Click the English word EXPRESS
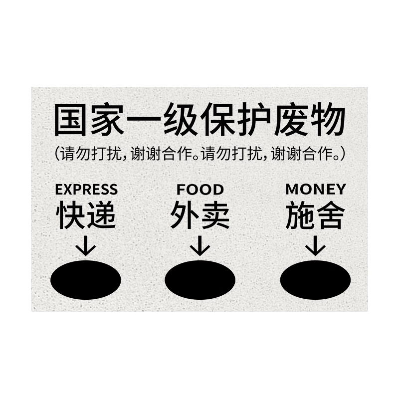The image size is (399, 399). coord(86,190)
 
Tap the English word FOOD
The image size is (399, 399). coord(200,190)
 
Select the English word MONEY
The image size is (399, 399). coord(316,189)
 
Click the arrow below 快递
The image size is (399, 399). coord(85,246)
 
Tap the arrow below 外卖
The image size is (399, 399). coord(200,246)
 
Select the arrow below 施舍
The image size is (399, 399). coord(315,246)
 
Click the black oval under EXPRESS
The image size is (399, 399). coord(85,280)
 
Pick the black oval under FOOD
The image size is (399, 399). coord(200,280)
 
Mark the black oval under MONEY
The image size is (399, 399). coord(315,280)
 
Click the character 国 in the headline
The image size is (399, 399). coord(71,119)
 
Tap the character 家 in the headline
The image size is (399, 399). coord(108,119)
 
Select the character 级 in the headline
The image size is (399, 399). coord(181,119)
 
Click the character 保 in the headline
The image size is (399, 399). coord(218,119)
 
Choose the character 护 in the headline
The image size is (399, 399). coord(254,119)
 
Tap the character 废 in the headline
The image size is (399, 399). coord(291,119)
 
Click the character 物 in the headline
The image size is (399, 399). coord(328,119)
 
